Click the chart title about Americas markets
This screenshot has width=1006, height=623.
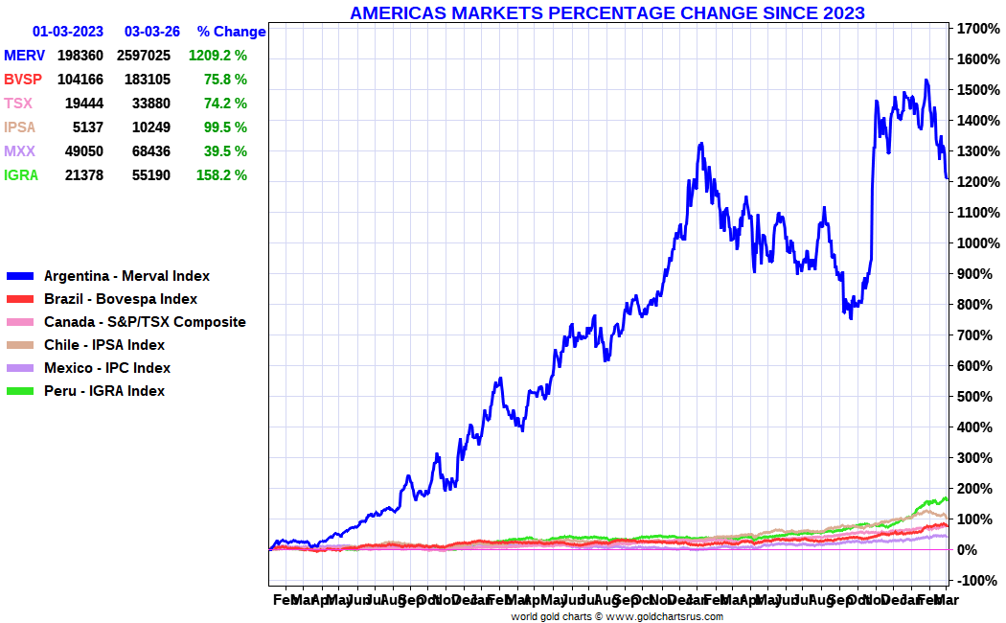point(606,12)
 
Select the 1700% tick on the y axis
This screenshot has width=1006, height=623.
point(973,29)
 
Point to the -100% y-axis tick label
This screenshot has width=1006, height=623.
point(975,581)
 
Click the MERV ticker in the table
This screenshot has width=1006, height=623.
point(24,56)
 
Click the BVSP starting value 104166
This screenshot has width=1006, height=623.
point(80,80)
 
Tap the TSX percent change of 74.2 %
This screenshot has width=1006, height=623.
point(225,104)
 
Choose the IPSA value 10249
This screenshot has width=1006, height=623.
point(151,127)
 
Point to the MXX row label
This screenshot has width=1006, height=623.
point(20,151)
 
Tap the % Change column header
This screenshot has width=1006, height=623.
point(231,32)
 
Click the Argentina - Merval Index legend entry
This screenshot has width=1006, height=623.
point(126,276)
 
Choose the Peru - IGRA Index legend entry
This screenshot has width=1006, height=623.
point(104,391)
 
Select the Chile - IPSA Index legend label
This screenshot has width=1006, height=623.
point(104,345)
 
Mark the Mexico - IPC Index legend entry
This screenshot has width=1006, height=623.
point(107,368)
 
